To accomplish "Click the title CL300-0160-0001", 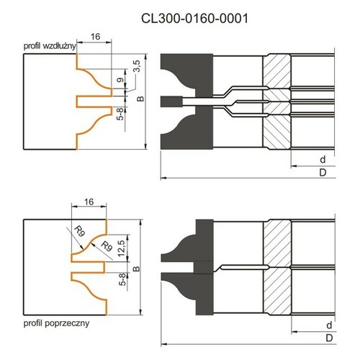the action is click(194, 19).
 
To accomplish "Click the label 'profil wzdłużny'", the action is click(50, 46).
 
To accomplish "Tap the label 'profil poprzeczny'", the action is click(56, 323).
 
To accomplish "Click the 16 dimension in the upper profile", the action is click(95, 37).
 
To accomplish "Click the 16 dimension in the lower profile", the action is click(89, 202).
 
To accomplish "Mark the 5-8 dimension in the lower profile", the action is click(122, 279).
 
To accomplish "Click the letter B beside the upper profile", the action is click(140, 99).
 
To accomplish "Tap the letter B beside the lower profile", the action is click(136, 269).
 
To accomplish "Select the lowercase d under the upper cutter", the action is click(323, 159).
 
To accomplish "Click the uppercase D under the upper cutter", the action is click(323, 172).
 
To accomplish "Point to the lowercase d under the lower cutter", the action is click(329, 325).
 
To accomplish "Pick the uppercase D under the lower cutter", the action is click(329, 338).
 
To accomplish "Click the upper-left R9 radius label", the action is click(79, 232).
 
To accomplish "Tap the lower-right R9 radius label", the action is click(107, 246).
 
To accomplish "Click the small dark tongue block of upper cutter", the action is click(171, 102).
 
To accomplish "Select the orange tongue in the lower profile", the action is click(89, 267).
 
